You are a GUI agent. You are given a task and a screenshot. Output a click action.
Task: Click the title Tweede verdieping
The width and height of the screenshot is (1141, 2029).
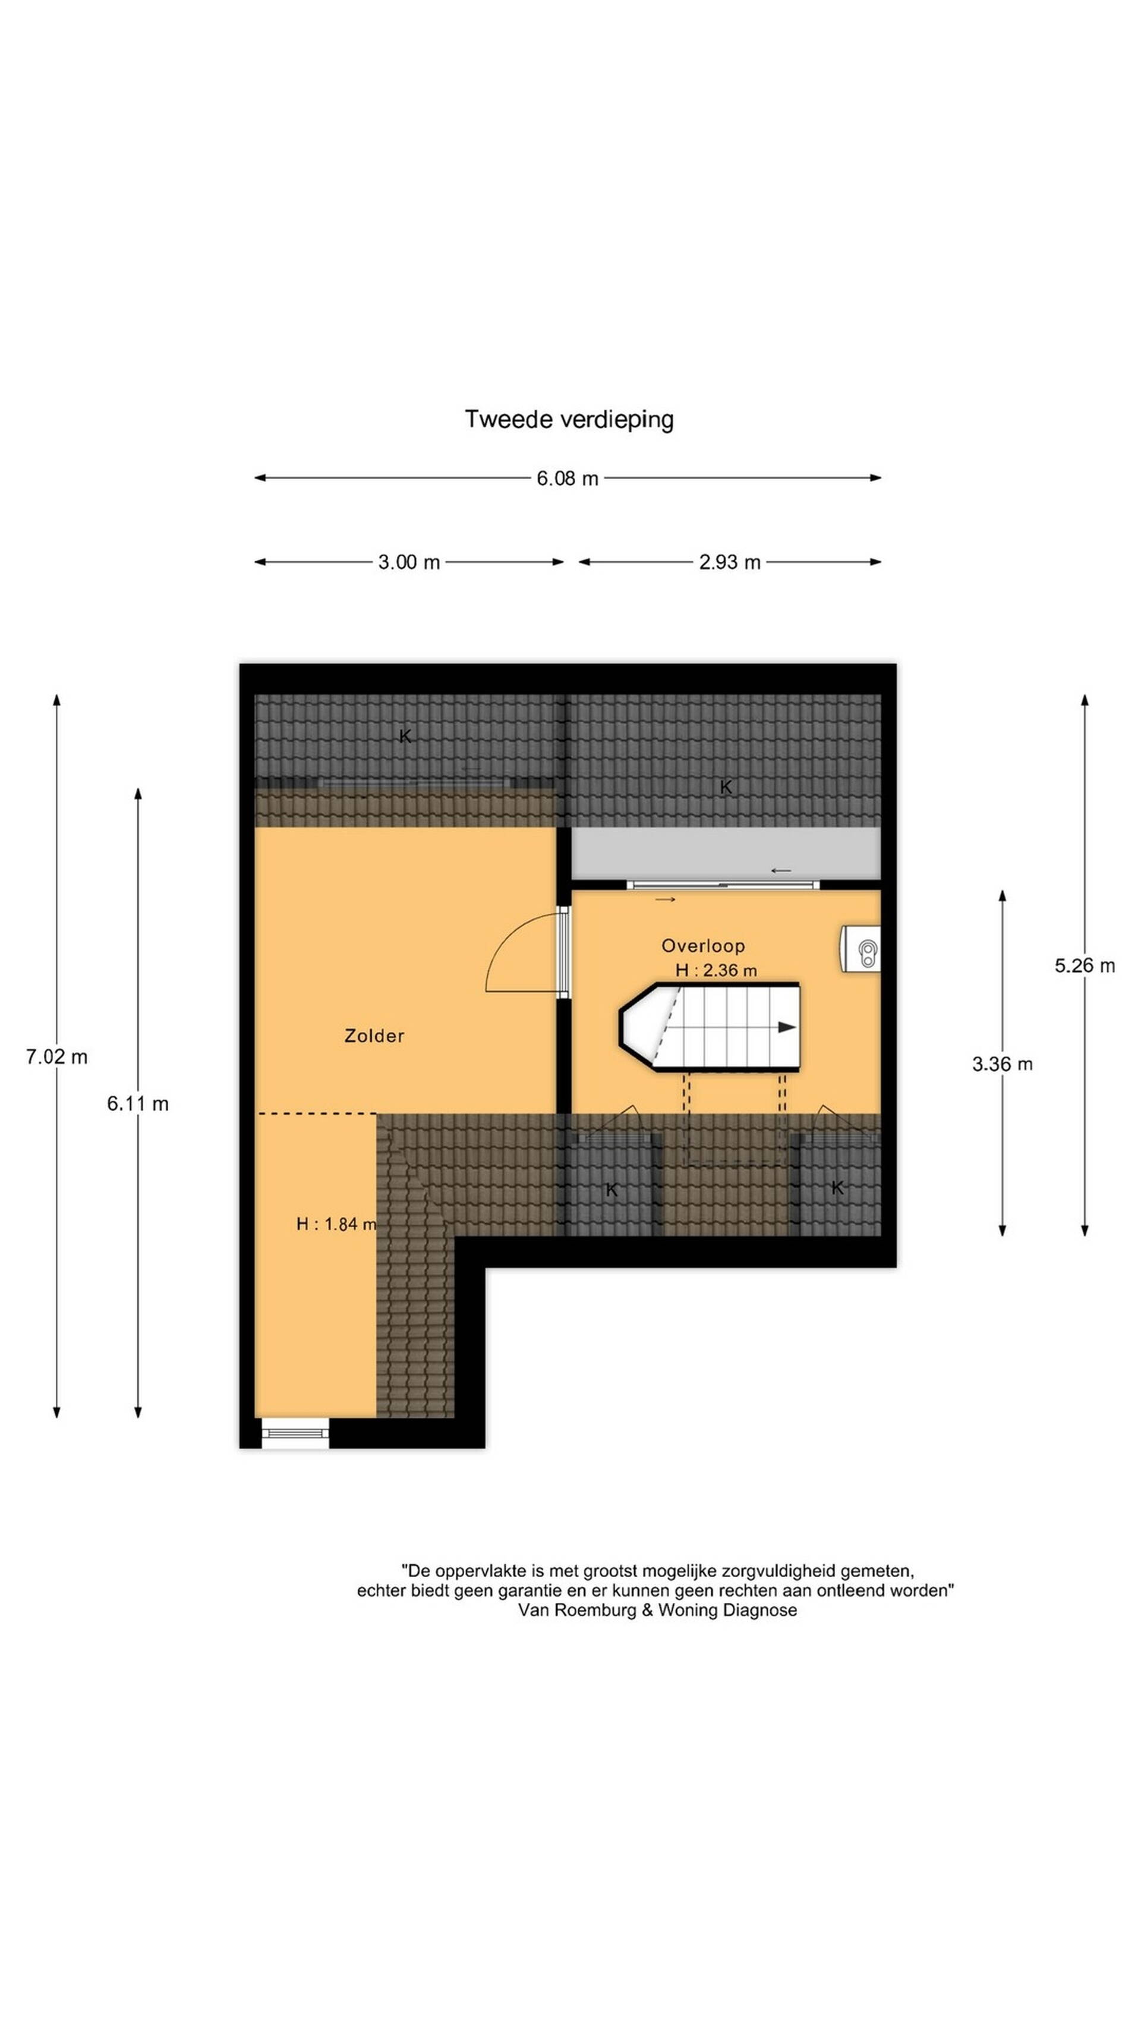pyautogui.click(x=569, y=419)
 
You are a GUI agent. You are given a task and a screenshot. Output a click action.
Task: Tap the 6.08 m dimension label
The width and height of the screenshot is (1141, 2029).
pyautogui.click(x=567, y=478)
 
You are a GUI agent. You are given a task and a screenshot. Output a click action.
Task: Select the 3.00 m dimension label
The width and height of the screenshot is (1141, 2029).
pyautogui.click(x=409, y=562)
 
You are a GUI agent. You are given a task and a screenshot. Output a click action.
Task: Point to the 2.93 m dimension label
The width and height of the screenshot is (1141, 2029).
pyautogui.click(x=729, y=562)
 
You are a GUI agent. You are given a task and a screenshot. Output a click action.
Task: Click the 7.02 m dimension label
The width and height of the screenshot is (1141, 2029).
pyautogui.click(x=56, y=1057)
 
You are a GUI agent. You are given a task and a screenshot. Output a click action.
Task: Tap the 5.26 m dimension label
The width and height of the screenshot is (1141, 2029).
pyautogui.click(x=1085, y=965)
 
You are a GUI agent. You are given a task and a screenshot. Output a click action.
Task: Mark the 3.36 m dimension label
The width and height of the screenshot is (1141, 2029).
pyautogui.click(x=1001, y=1065)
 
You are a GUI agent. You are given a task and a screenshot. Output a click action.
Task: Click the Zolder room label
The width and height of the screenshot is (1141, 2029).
pyautogui.click(x=374, y=1036)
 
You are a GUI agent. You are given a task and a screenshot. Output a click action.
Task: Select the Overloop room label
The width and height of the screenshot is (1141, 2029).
pyautogui.click(x=702, y=946)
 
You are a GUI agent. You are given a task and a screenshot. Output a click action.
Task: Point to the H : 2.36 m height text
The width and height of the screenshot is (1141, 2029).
pyautogui.click(x=716, y=970)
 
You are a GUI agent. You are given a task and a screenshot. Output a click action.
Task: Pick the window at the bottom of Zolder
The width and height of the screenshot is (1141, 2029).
pyautogui.click(x=295, y=1433)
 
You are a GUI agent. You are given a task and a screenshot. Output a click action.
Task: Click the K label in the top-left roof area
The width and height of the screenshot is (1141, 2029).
pyautogui.click(x=405, y=737)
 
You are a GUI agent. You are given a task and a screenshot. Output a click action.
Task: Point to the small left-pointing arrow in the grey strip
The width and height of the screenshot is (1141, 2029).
pyautogui.click(x=780, y=870)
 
